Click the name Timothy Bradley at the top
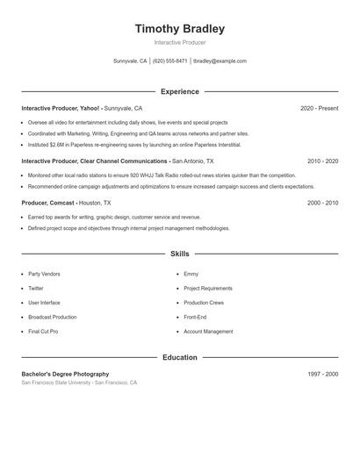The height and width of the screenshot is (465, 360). (179, 28)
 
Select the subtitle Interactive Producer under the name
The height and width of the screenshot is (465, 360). (179, 42)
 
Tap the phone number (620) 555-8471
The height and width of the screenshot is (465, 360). (170, 61)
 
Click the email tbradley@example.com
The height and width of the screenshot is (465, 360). (220, 61)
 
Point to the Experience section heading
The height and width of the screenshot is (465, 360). (179, 91)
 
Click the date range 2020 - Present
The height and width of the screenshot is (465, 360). (319, 109)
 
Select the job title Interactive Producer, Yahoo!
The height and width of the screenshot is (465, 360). (61, 109)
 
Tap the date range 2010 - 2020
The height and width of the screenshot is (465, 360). (322, 161)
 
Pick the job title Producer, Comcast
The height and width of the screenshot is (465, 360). (48, 203)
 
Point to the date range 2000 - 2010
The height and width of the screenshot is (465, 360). (322, 203)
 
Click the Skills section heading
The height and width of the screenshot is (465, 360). (179, 254)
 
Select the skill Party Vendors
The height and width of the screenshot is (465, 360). (44, 275)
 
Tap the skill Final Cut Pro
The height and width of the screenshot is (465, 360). (43, 332)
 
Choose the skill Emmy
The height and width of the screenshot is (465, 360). (191, 275)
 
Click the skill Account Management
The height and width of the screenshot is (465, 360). (208, 332)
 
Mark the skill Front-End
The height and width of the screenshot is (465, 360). (195, 318)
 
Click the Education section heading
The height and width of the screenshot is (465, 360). (179, 357)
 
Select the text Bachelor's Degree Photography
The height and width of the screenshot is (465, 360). (65, 374)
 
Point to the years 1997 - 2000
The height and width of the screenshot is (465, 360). (323, 374)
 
